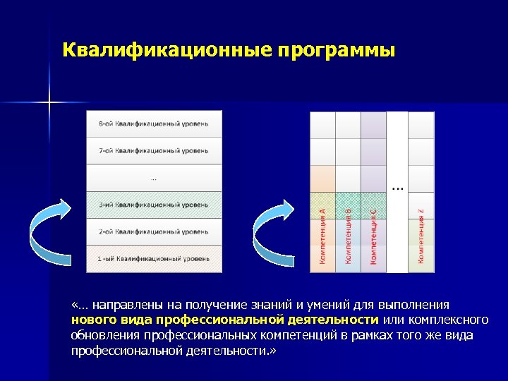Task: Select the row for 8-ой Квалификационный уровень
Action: click(154, 124)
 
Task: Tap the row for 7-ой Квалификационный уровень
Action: click(154, 151)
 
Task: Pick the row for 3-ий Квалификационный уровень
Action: click(154, 205)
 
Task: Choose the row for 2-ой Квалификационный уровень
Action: click(154, 231)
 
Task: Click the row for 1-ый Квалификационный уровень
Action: click(154, 259)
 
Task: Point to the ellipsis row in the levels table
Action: click(154, 178)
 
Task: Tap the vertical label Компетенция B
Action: click(348, 236)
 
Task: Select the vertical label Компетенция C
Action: click(373, 236)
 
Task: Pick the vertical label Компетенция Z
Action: click(421, 236)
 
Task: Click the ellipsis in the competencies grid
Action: click(397, 189)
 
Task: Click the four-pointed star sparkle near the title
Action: click(50, 103)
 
